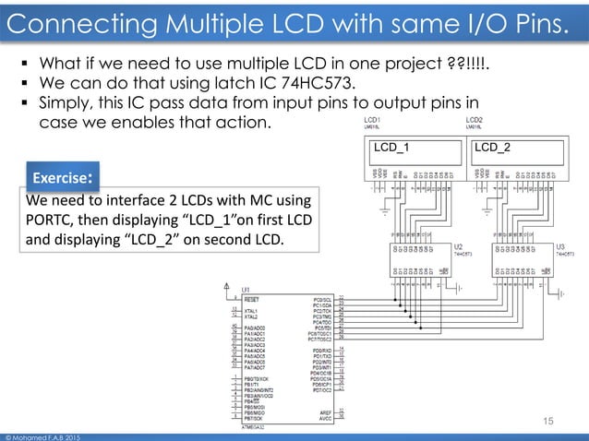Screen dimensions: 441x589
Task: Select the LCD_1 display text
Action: tap(391, 146)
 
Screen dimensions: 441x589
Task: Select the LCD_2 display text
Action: tap(492, 146)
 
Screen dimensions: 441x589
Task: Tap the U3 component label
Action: tap(559, 248)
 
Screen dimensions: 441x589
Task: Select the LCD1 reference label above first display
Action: tap(374, 120)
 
